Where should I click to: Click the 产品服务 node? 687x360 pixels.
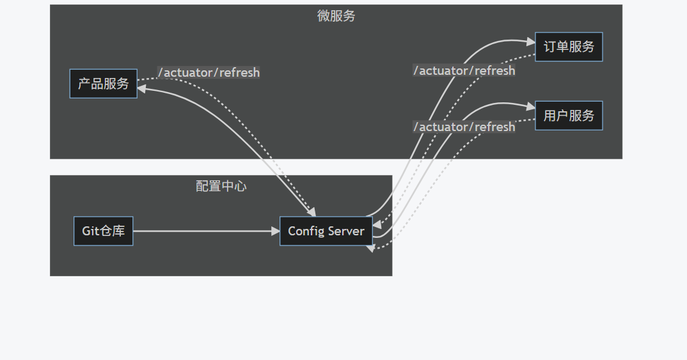(103, 84)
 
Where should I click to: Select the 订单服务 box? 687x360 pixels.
(569, 47)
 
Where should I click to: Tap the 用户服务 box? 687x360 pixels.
(569, 116)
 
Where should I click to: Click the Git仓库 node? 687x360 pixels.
(103, 231)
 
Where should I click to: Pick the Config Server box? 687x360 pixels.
(326, 231)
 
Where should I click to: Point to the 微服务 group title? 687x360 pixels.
(336, 16)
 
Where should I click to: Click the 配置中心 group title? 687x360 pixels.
(221, 186)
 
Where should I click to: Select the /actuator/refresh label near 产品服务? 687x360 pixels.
(209, 72)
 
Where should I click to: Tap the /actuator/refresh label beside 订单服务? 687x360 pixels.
(464, 70)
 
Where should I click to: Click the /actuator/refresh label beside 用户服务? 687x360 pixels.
(464, 127)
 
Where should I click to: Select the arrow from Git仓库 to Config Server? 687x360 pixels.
(205, 231)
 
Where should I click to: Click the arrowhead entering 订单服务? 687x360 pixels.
(530, 41)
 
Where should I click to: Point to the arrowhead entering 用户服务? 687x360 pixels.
(530, 106)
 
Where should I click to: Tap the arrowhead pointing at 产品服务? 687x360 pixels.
(142, 89)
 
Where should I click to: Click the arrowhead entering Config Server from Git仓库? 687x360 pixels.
(276, 231)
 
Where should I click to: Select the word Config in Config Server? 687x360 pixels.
(306, 231)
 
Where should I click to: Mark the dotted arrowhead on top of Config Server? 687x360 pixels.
(313, 212)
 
